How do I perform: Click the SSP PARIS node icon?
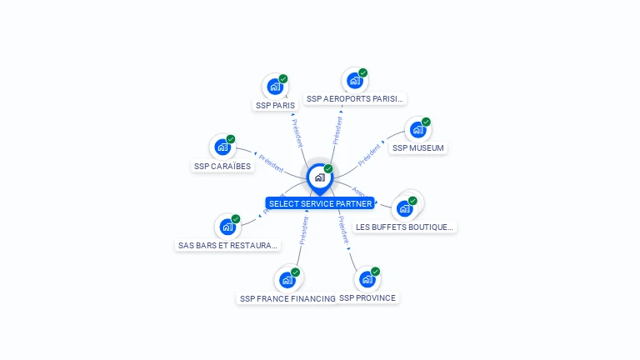pyautogui.click(x=274, y=86)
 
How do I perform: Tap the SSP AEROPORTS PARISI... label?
pyautogui.click(x=354, y=98)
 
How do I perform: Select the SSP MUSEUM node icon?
pyautogui.click(x=417, y=129)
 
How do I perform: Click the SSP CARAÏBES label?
pyautogui.click(x=222, y=166)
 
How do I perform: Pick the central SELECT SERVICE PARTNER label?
pyautogui.click(x=320, y=203)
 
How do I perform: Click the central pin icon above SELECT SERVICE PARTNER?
pyautogui.click(x=319, y=177)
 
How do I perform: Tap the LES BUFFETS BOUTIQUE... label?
pyautogui.click(x=405, y=227)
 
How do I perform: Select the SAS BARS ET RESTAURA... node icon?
pyautogui.click(x=227, y=226)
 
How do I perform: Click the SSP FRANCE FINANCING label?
pyautogui.click(x=287, y=298)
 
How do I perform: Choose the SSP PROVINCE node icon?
pyautogui.click(x=367, y=279)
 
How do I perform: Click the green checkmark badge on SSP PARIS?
pyautogui.click(x=283, y=78)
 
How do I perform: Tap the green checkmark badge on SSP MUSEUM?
pyautogui.click(x=426, y=122)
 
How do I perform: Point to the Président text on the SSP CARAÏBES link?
pyautogui.click(x=271, y=162)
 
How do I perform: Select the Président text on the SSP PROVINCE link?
pyautogui.click(x=343, y=229)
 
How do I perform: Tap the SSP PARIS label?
pyautogui.click(x=275, y=106)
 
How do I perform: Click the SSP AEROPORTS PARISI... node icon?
pyautogui.click(x=354, y=80)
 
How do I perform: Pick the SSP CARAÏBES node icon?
pyautogui.click(x=222, y=147)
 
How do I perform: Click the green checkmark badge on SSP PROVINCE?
pyautogui.click(x=376, y=272)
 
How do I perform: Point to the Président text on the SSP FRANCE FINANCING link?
pyautogui.click(x=303, y=231)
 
